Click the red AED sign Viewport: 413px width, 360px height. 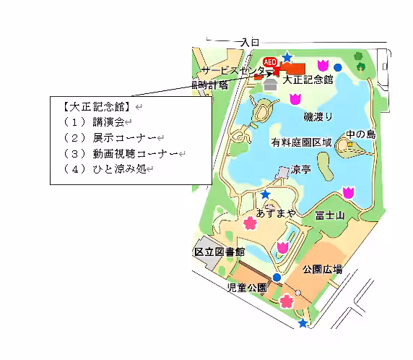tap(271, 62)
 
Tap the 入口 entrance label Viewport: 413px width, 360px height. tap(250, 43)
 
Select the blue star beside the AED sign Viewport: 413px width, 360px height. tap(287, 57)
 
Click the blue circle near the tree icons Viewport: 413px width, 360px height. tap(337, 68)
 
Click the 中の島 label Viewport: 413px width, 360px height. tap(360, 134)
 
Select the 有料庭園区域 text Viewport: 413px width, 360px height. tap(302, 143)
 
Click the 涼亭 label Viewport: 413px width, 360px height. tap(300, 170)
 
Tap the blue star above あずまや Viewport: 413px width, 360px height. tap(266, 194)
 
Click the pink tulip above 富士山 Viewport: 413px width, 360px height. tap(349, 192)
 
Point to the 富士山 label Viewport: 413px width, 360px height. tap(329, 215)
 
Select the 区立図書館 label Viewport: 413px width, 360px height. tap(219, 252)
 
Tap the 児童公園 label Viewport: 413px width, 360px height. tap(247, 287)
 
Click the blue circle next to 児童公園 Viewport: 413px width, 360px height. tap(276, 277)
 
